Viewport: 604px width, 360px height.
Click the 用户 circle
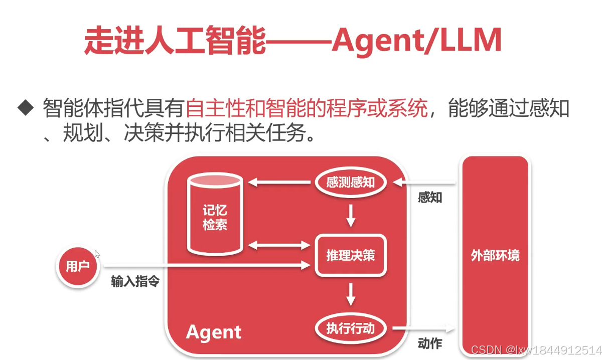[x=77, y=266]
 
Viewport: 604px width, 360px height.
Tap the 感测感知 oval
[x=351, y=182]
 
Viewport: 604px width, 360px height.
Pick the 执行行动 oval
[x=351, y=329]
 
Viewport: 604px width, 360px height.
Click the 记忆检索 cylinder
[x=215, y=216]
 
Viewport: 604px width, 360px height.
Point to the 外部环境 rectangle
[x=495, y=256]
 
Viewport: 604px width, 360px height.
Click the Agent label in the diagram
[x=214, y=332]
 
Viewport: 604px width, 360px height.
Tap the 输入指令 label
[x=135, y=282]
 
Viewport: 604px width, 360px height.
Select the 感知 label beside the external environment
[x=430, y=198]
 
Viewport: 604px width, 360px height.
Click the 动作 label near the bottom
[x=430, y=343]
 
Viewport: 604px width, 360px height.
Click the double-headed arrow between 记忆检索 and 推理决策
[x=279, y=245]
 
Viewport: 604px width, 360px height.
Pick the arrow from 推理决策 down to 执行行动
[x=351, y=294]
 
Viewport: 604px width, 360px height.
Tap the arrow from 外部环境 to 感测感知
[x=424, y=183]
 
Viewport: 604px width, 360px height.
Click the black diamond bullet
[x=25, y=107]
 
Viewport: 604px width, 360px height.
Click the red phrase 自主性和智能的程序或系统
[x=307, y=107]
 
